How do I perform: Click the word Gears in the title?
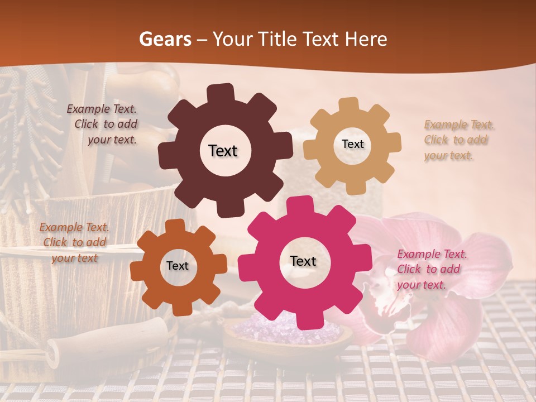click(164, 39)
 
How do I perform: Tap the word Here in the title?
click(366, 39)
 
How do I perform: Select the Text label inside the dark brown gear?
click(223, 151)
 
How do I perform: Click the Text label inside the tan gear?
click(352, 144)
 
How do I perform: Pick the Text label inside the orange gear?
click(178, 266)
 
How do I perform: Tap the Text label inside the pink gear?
click(303, 261)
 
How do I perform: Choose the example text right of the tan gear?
click(457, 140)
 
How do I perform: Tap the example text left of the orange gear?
click(74, 242)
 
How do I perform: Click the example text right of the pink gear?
click(430, 269)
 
